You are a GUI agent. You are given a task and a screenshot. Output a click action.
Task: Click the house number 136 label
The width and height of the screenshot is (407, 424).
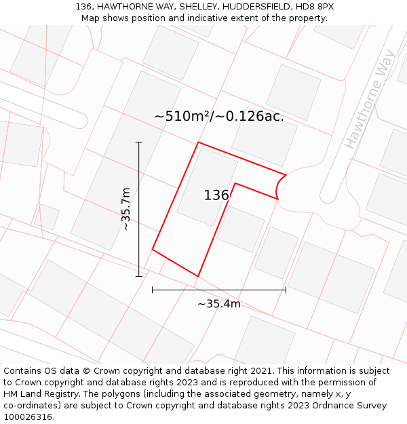(216, 195)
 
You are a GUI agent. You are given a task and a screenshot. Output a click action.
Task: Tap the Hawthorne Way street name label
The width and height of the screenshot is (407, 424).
(368, 103)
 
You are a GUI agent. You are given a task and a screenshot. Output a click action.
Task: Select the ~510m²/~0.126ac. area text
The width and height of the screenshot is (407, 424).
(219, 117)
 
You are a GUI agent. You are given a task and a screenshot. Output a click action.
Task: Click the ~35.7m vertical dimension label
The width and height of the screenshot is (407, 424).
(126, 210)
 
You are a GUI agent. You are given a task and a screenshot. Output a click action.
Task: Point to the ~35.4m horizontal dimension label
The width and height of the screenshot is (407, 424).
(218, 304)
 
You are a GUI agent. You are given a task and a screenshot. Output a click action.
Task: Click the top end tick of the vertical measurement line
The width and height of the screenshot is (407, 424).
(139, 142)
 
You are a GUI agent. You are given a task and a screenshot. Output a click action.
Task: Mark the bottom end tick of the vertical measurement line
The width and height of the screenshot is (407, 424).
(139, 276)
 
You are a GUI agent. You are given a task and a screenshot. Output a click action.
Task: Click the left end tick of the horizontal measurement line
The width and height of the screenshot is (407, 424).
(153, 290)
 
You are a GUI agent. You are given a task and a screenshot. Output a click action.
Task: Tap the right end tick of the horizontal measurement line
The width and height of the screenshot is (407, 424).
(286, 290)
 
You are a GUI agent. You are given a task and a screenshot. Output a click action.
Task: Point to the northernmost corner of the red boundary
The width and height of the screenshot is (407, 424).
(198, 142)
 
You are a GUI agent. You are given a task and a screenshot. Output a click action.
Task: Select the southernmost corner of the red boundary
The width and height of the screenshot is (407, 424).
(197, 276)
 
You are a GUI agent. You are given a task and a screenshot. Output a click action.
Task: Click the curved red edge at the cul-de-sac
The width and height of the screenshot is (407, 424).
(279, 187)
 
